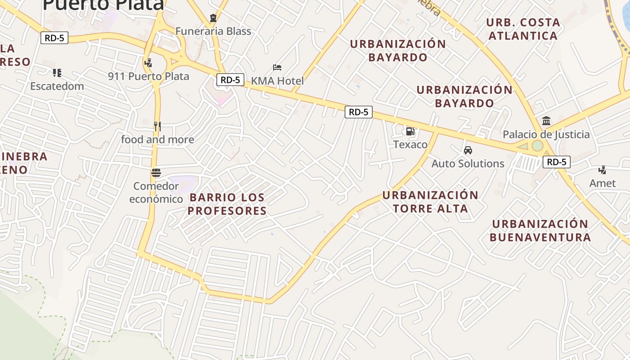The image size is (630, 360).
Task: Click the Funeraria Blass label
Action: (213, 31)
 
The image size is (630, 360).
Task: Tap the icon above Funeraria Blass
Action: (213, 18)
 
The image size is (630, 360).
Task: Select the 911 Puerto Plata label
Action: (148, 76)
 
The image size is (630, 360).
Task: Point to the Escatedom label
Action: (57, 86)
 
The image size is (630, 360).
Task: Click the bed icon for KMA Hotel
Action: (277, 67)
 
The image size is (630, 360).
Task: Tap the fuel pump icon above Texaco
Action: (410, 131)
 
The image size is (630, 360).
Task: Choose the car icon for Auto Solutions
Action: (468, 150)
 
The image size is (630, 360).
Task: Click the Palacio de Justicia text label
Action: (546, 135)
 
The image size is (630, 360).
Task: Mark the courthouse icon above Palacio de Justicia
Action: (546, 121)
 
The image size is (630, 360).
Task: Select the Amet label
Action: (603, 183)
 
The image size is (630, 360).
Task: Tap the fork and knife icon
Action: (157, 126)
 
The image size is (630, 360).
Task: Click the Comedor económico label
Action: (156, 193)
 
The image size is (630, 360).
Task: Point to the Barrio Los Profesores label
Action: (227, 204)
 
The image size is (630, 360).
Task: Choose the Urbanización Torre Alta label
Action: (430, 202)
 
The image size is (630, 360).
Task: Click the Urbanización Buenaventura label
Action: (540, 230)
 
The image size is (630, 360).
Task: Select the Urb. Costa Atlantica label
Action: (523, 29)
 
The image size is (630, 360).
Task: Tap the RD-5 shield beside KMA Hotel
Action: (230, 80)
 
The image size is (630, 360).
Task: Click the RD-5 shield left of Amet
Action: (556, 162)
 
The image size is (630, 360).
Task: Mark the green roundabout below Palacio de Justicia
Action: (537, 146)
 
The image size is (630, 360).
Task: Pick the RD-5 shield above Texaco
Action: (359, 112)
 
